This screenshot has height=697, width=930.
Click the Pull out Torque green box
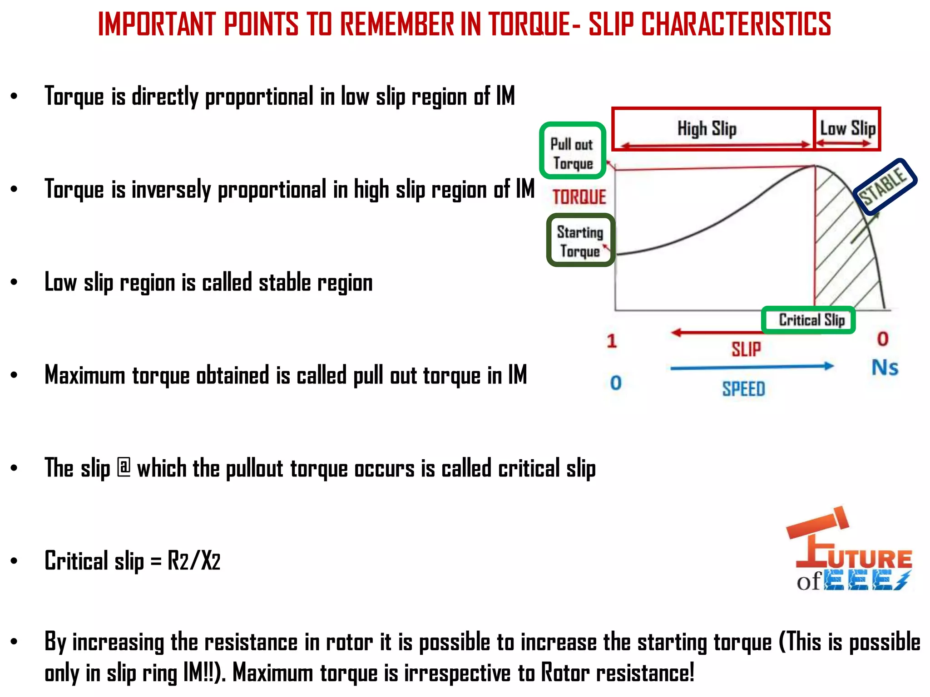click(x=572, y=151)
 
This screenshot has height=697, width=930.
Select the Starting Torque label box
click(x=580, y=241)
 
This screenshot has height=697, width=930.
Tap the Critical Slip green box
click(x=808, y=320)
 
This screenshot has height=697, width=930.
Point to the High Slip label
click(x=707, y=129)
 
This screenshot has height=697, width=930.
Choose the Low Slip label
click(x=847, y=128)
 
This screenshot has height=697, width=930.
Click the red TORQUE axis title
click(x=579, y=197)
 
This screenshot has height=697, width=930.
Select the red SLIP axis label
click(x=746, y=349)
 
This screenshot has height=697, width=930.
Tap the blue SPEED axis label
click(x=744, y=389)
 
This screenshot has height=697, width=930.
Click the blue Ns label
click(x=885, y=368)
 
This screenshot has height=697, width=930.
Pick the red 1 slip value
click(x=612, y=341)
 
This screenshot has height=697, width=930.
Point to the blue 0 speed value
click(x=616, y=383)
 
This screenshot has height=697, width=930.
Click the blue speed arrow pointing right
click(x=752, y=367)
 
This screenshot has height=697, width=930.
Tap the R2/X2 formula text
click(x=194, y=561)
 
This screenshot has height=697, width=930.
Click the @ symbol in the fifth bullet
click(x=124, y=468)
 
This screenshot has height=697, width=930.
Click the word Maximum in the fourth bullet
click(x=84, y=375)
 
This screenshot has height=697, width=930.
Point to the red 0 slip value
click(x=883, y=339)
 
